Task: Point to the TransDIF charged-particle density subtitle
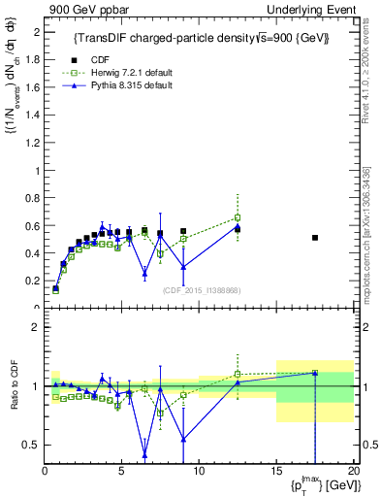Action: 202,38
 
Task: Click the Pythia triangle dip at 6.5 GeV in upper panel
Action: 144,274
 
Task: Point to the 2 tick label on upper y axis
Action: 36,32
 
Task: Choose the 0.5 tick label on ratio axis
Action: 31,446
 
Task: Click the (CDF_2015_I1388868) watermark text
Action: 200,290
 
